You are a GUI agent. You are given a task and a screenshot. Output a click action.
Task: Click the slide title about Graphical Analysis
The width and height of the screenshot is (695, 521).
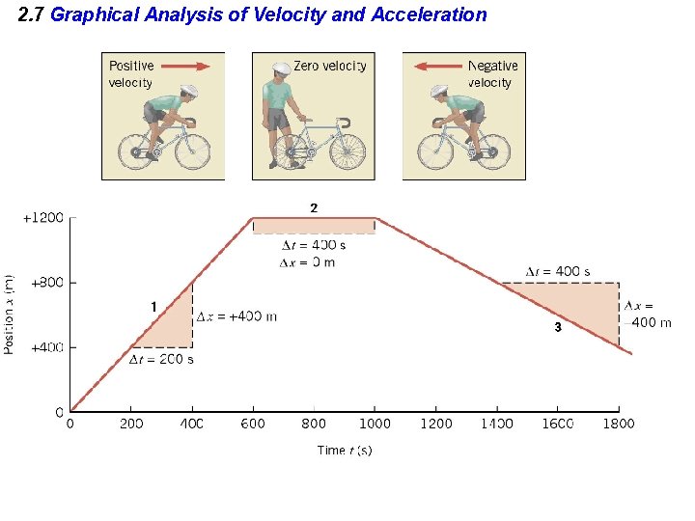click(x=253, y=14)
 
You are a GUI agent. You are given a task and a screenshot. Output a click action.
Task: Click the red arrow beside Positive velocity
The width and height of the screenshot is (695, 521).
click(x=186, y=67)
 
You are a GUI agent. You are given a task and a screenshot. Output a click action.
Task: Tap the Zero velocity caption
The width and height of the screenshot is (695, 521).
click(x=329, y=66)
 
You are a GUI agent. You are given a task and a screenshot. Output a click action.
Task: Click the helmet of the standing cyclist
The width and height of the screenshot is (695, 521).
click(x=281, y=71)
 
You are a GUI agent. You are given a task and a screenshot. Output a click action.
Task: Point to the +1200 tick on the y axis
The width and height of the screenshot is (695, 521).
click(x=43, y=218)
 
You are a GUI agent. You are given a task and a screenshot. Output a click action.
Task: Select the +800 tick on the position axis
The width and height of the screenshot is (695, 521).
click(x=46, y=283)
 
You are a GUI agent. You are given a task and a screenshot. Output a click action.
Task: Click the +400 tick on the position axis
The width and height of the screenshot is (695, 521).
click(x=46, y=347)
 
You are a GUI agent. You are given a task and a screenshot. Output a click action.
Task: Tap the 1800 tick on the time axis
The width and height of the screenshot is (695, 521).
click(x=619, y=423)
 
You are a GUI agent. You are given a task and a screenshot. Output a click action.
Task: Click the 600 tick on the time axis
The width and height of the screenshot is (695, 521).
click(x=253, y=423)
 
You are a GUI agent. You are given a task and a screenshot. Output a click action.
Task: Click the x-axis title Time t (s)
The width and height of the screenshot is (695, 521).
click(x=345, y=451)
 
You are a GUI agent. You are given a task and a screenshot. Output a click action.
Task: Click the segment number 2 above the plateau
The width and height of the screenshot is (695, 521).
click(x=313, y=208)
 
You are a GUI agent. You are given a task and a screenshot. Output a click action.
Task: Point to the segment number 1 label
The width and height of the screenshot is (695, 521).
click(x=153, y=306)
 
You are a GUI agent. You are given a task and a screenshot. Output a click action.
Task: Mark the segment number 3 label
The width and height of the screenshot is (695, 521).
click(x=557, y=328)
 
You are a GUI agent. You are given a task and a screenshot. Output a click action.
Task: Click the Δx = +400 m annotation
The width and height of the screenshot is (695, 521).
click(x=236, y=316)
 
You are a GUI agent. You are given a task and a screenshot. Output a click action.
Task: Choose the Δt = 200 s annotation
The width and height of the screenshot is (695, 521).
click(x=161, y=360)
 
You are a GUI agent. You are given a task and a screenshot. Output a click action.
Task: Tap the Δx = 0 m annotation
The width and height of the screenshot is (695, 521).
click(x=307, y=262)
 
